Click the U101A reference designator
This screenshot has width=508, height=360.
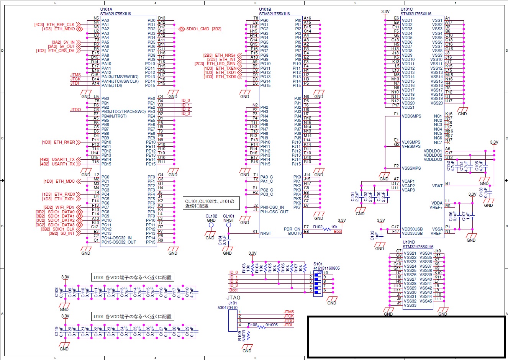[106, 9]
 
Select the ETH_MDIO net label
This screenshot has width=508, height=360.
[64, 29]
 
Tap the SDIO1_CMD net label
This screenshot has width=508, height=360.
[198, 29]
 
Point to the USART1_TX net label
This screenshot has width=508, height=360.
[63, 159]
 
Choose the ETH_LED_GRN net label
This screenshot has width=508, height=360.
[221, 64]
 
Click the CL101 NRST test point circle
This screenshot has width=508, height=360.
[229, 225]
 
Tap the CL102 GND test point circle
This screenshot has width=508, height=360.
[211, 225]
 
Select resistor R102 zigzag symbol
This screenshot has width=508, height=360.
[327, 229]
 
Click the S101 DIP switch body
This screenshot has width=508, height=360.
[318, 284]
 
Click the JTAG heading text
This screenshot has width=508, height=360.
[233, 298]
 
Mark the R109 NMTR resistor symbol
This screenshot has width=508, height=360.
[248, 336]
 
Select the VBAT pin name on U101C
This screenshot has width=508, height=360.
[437, 186]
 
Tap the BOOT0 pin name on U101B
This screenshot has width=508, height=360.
[295, 233]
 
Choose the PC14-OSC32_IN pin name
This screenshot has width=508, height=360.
[116, 238]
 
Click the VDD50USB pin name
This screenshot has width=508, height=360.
[412, 229]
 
